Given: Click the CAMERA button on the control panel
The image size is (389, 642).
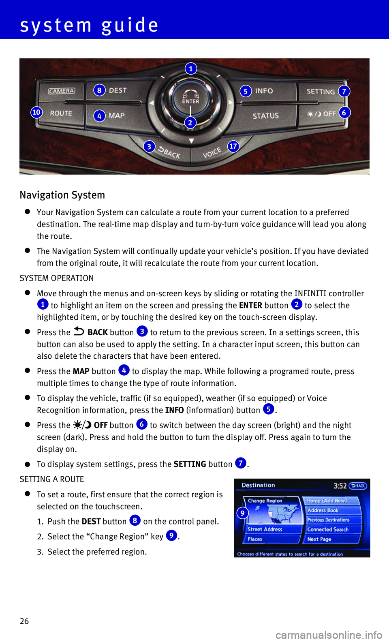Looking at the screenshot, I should point(62,91).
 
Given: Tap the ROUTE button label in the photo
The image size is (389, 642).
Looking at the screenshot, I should point(61,113).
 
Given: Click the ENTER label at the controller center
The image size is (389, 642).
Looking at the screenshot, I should point(190,101).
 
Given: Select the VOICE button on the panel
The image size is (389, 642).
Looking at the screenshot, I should point(212,153).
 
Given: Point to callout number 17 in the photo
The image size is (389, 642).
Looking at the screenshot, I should point(233,146).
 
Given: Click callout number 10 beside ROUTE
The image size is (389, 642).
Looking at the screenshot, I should point(36,112).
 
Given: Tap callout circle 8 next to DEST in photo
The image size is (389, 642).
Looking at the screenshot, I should point(99,90).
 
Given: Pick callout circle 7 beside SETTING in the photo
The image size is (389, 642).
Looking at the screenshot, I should point(344,91).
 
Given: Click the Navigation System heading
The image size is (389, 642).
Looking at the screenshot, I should point(62,195).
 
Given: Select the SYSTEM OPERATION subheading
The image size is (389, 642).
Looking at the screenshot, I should point(57,278).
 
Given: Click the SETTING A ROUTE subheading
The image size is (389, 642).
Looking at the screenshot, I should point(52,479).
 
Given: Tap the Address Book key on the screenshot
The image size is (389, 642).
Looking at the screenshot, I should point(323,511).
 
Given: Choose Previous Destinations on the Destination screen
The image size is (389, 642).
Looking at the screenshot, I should point(328,520).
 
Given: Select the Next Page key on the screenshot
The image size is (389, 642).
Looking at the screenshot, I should point(319,539).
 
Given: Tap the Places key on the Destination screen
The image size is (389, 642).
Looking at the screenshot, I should point(255,539).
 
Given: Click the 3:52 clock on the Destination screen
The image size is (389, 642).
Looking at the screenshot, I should point(340,486).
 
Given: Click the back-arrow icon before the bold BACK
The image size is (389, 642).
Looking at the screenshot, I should point(79,332).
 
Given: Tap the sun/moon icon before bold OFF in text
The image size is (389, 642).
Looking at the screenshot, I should point(82,425).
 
